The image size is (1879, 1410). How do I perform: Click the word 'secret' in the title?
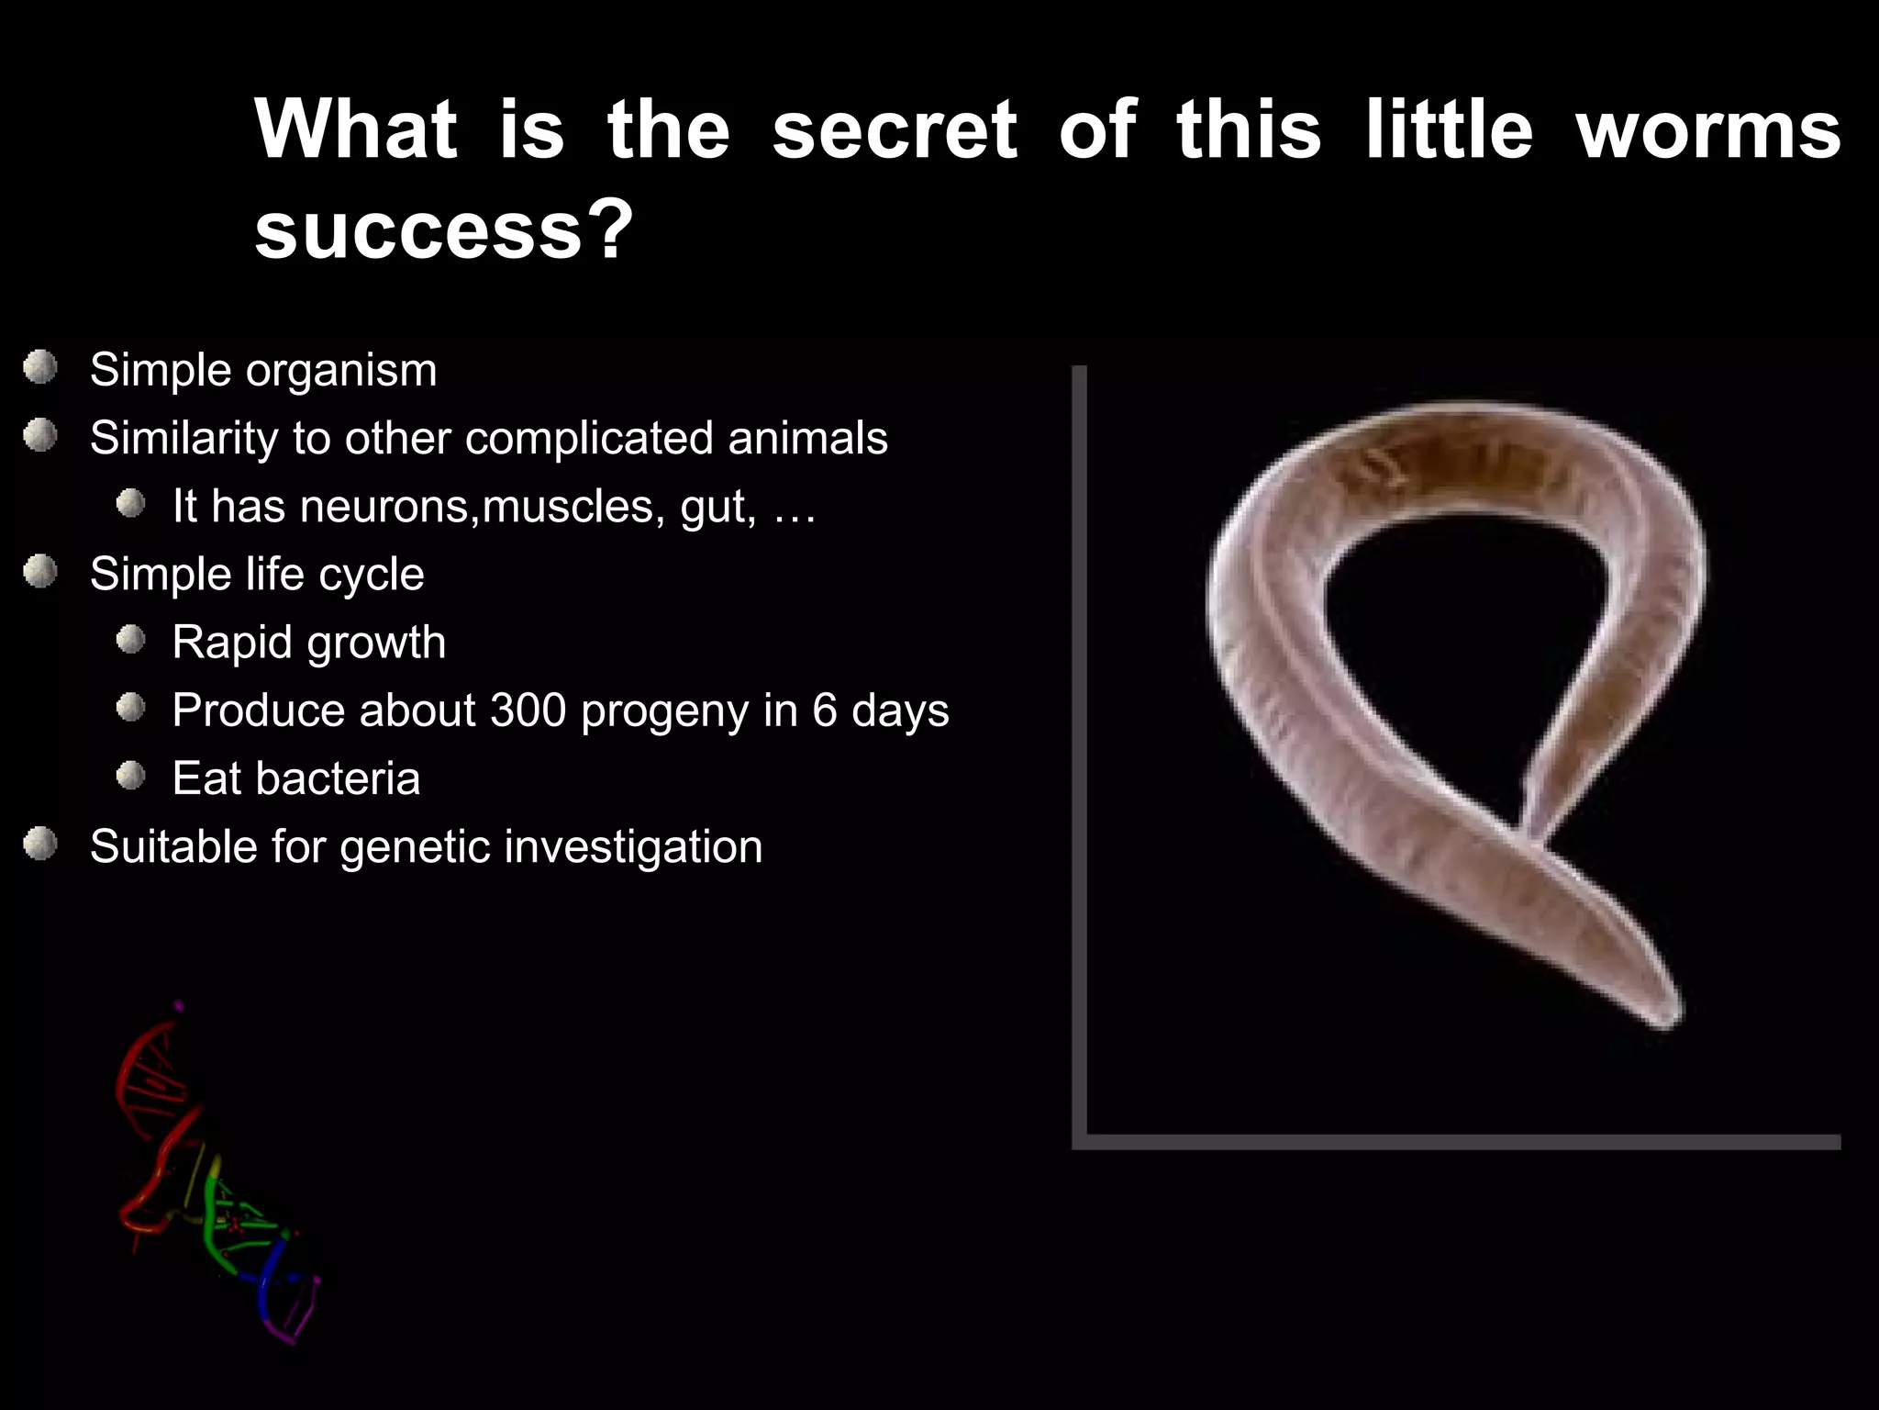(x=895, y=130)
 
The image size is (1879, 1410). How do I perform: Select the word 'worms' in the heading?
(x=1708, y=130)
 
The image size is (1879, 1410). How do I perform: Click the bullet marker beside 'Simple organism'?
(x=40, y=368)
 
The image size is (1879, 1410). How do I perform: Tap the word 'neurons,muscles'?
(x=477, y=506)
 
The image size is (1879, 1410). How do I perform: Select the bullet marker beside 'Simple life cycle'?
(x=40, y=572)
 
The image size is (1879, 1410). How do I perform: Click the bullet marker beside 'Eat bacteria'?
(x=131, y=777)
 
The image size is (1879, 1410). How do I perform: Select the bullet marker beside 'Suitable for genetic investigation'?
(x=40, y=844)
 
